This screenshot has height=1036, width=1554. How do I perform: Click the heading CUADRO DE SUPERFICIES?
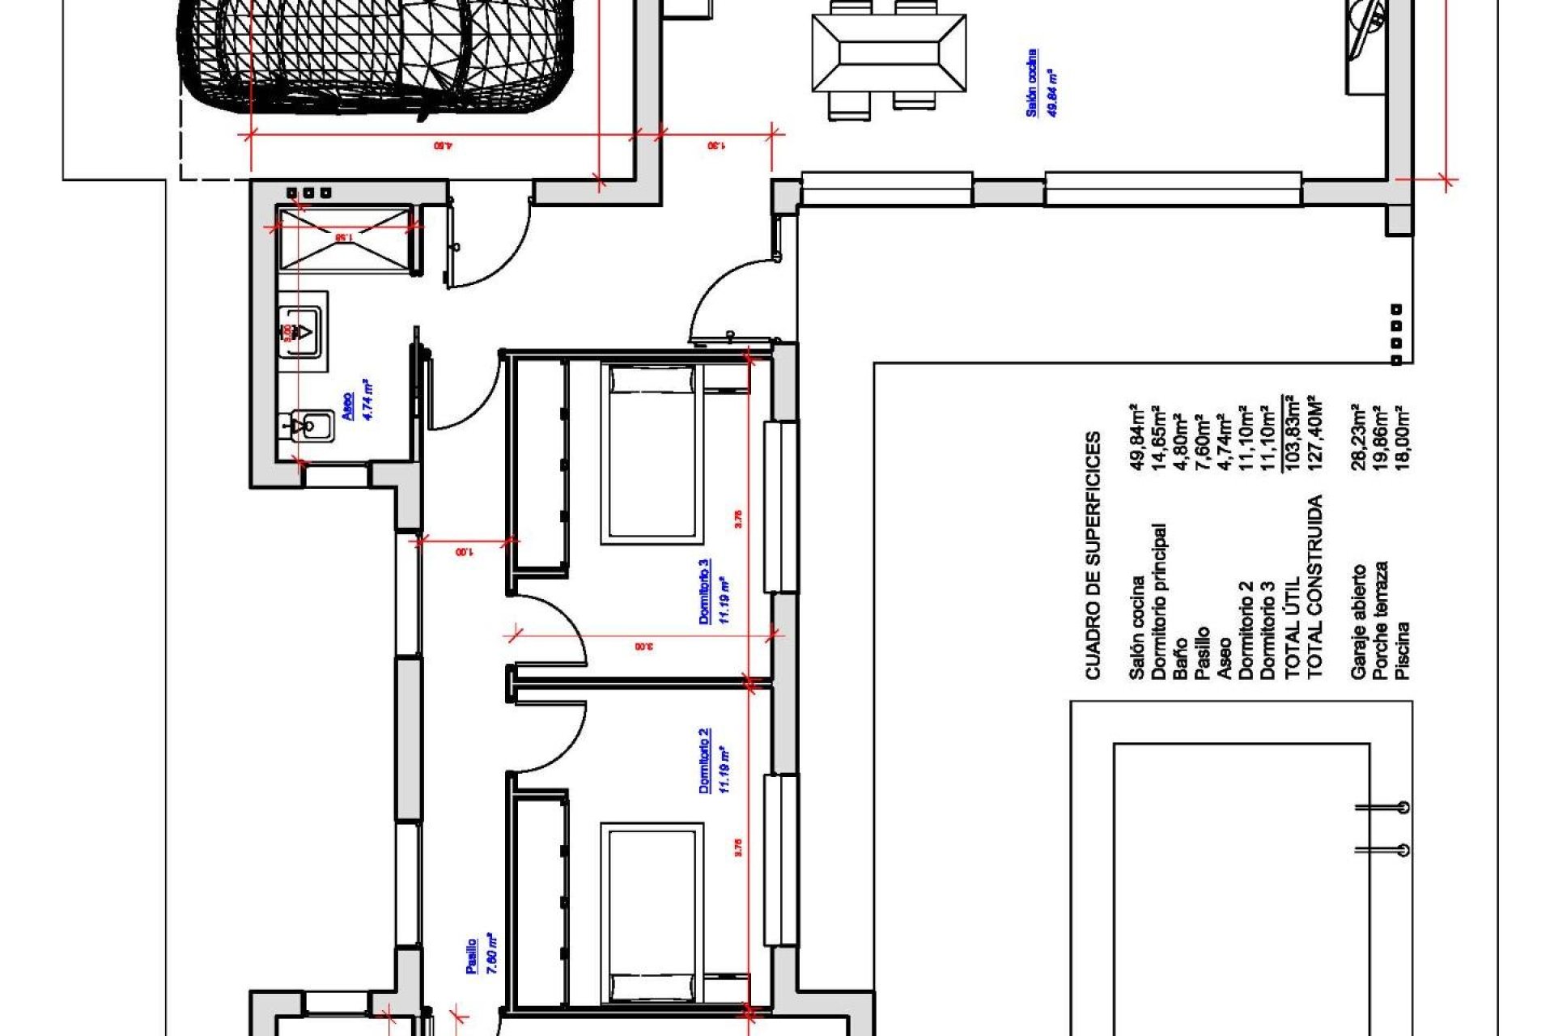pyautogui.click(x=1093, y=555)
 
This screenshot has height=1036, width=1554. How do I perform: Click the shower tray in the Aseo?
pyautogui.click(x=344, y=238)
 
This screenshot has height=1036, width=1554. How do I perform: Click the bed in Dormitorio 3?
pyautogui.click(x=652, y=453)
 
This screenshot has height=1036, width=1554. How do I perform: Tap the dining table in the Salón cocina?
pyautogui.click(x=889, y=53)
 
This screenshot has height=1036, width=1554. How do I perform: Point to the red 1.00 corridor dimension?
pyautogui.click(x=464, y=553)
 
